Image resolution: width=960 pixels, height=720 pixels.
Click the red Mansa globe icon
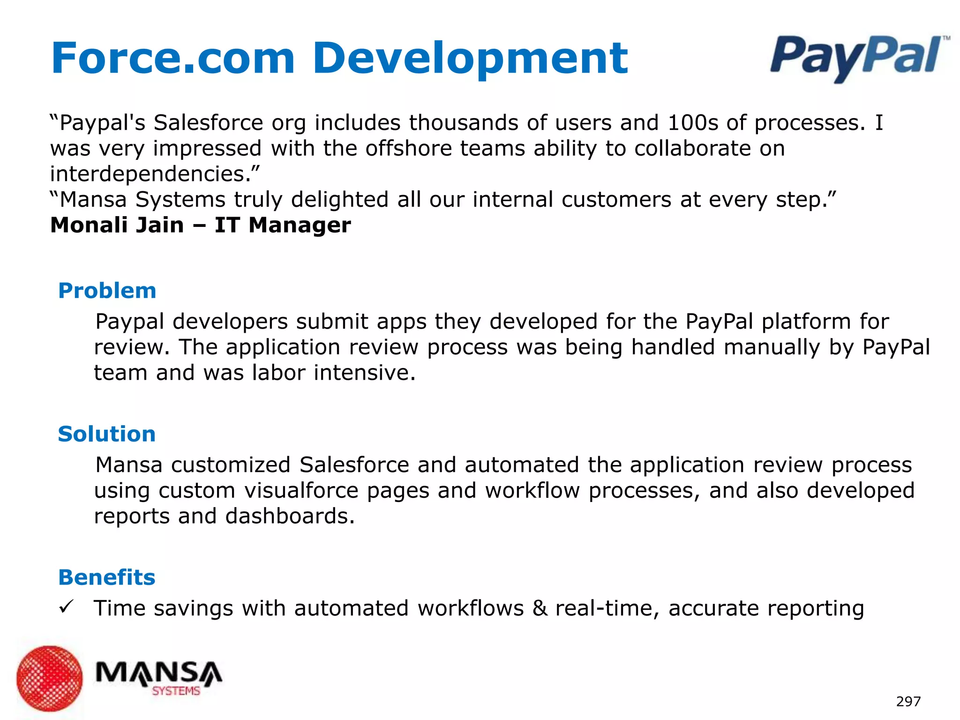coord(49,678)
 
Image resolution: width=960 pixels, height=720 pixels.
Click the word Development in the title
coord(470,59)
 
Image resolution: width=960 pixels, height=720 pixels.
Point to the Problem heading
coord(107,291)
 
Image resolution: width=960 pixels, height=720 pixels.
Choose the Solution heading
coord(106,434)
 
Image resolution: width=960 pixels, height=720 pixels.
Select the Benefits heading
coord(106,577)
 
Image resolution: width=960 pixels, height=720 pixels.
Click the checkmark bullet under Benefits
coord(65,607)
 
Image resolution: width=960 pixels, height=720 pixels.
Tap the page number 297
coord(908,701)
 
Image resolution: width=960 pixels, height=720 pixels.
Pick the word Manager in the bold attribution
coord(300,226)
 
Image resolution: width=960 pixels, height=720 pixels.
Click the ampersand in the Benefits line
coord(540,608)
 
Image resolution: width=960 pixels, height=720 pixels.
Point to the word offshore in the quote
coord(408,149)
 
